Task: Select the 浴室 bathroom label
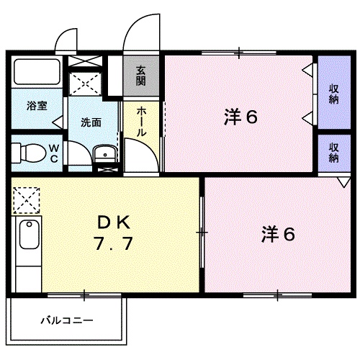[37, 106]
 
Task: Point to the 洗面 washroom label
[90, 122]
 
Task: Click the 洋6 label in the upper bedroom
[240, 117]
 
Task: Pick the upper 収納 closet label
[334, 94]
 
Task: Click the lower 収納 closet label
[334, 152]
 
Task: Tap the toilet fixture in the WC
[27, 153]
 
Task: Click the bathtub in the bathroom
[37, 73]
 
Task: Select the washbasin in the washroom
[104, 153]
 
